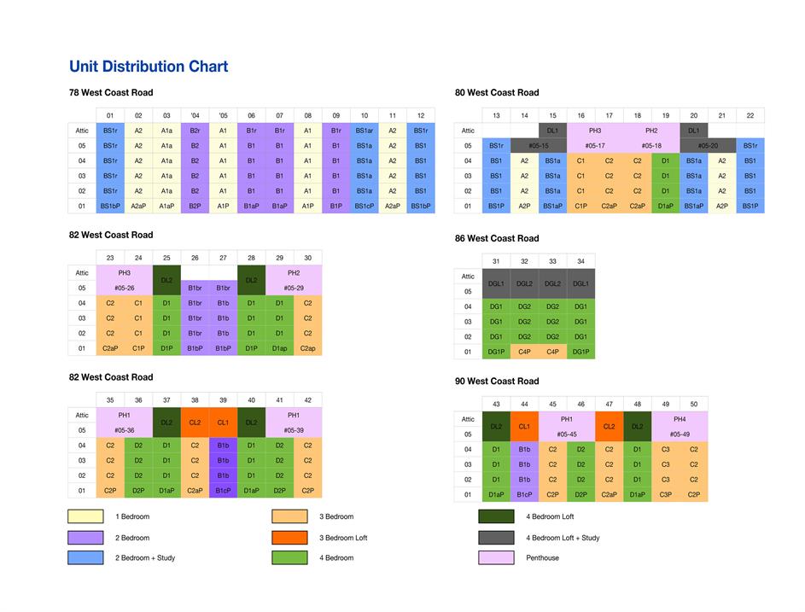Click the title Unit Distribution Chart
[x=149, y=67]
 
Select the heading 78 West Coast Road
[x=111, y=92]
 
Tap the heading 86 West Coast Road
[x=497, y=238]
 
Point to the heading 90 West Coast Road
[x=497, y=381]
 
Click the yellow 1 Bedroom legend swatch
[x=85, y=516]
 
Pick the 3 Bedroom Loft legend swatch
[x=289, y=538]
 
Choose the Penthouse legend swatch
[x=496, y=558]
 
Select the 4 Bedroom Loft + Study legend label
[x=563, y=538]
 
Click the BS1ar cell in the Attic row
[x=365, y=131]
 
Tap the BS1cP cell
[x=365, y=206]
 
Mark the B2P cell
[x=195, y=206]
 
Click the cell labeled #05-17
[x=595, y=146]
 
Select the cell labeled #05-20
[x=708, y=146]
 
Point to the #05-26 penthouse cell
[x=124, y=289]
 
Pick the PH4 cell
[x=680, y=419]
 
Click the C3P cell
[x=666, y=494]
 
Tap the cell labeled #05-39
[x=294, y=431]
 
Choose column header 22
[x=750, y=115]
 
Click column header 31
[x=496, y=261]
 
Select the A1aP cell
[x=166, y=206]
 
